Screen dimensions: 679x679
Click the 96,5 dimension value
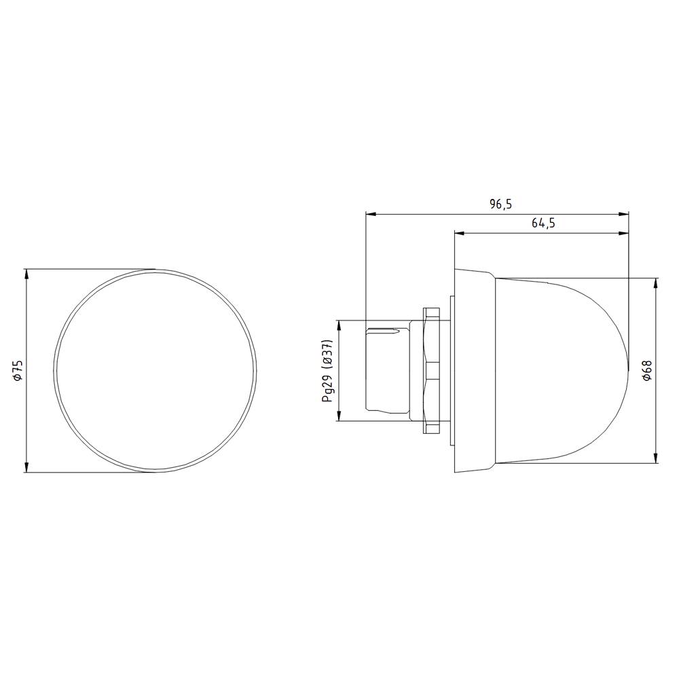coord(499,204)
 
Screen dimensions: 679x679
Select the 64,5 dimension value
coord(543,223)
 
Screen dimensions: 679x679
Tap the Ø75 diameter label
coord(18,370)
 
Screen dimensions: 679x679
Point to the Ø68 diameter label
coord(647,370)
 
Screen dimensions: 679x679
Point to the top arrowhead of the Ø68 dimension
coord(656,282)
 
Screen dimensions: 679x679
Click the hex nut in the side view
coord(431,370)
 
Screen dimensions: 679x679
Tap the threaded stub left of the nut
coord(387,370)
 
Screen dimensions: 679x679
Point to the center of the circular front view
coord(155,371)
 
